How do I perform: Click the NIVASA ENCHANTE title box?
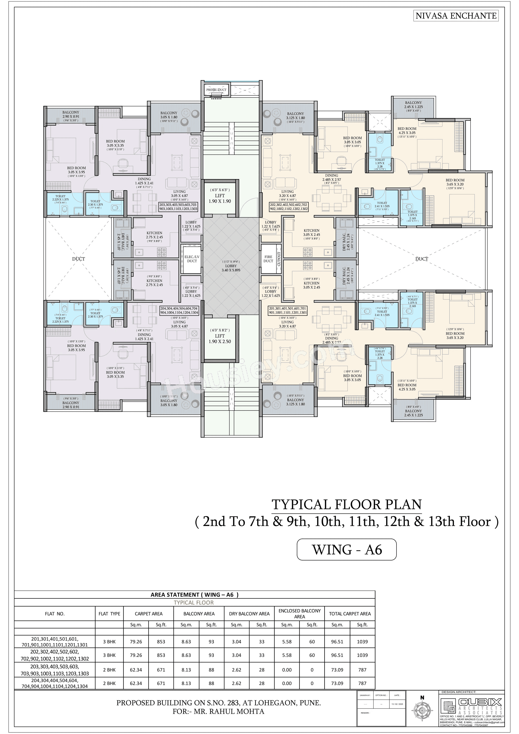(x=456, y=16)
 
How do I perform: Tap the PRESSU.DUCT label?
(x=216, y=90)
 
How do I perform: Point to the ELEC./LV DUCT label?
(x=192, y=259)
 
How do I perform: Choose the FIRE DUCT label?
(x=268, y=259)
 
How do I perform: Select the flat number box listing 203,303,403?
(x=178, y=207)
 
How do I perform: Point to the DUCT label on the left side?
(x=78, y=259)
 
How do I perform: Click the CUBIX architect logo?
(x=471, y=706)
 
